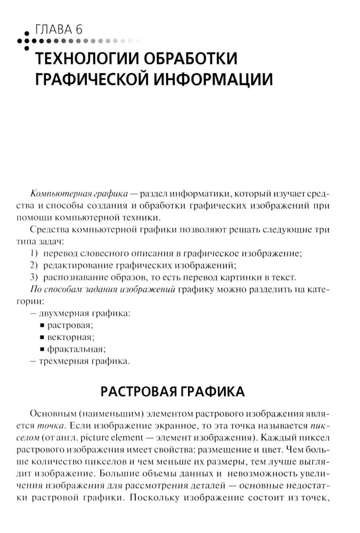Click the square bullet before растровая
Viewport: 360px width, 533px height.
tap(42, 325)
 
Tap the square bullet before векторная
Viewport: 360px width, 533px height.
tap(42, 337)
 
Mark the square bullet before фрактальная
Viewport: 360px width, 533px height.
tap(42, 350)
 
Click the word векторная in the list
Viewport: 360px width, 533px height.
tap(70, 337)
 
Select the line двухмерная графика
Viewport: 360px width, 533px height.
tap(85, 313)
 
